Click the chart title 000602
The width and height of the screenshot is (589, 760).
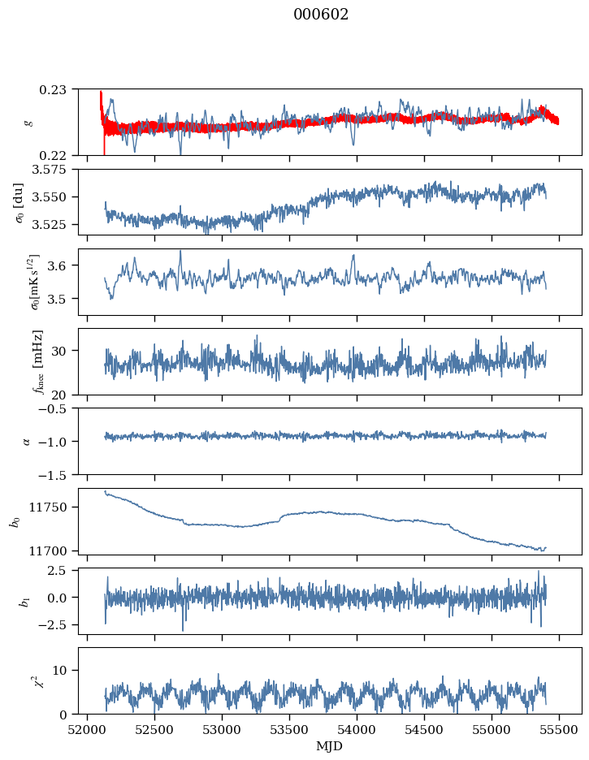tap(321, 15)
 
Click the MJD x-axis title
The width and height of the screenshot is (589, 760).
tap(329, 746)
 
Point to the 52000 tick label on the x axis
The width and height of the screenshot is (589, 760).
tap(87, 731)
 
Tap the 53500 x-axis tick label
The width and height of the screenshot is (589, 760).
tap(289, 731)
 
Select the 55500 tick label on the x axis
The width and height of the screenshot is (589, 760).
tap(559, 731)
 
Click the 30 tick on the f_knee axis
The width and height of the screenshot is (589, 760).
tap(58, 351)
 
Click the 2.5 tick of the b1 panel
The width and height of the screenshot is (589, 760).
tap(57, 571)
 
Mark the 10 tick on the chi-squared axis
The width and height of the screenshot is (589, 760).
tap(59, 671)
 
